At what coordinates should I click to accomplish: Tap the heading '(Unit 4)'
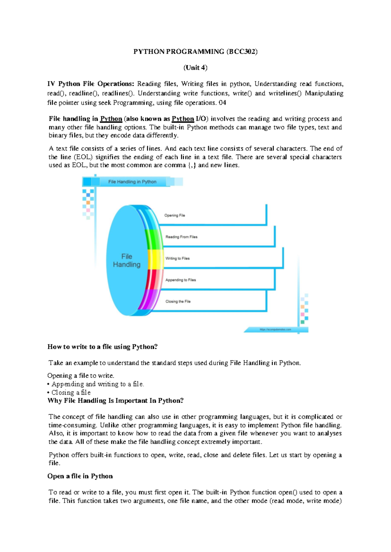coord(195,67)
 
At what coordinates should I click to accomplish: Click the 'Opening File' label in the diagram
coord(174,215)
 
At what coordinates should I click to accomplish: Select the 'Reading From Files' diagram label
coord(181,237)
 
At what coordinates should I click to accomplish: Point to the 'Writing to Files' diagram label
coord(177,258)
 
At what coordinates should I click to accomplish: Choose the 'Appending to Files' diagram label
coord(181,280)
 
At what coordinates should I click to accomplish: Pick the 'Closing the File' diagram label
coord(178,301)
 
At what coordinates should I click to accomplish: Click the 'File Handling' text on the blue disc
coord(126,260)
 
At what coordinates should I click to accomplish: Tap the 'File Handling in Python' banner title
coord(132,182)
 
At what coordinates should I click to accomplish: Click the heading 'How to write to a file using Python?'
coord(102,347)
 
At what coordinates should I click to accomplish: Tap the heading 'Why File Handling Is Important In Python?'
coord(115,400)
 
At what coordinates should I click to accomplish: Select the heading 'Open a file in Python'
coord(80,476)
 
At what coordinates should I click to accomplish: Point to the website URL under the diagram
coord(275,329)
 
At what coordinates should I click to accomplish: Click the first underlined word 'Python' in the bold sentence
coord(111,119)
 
